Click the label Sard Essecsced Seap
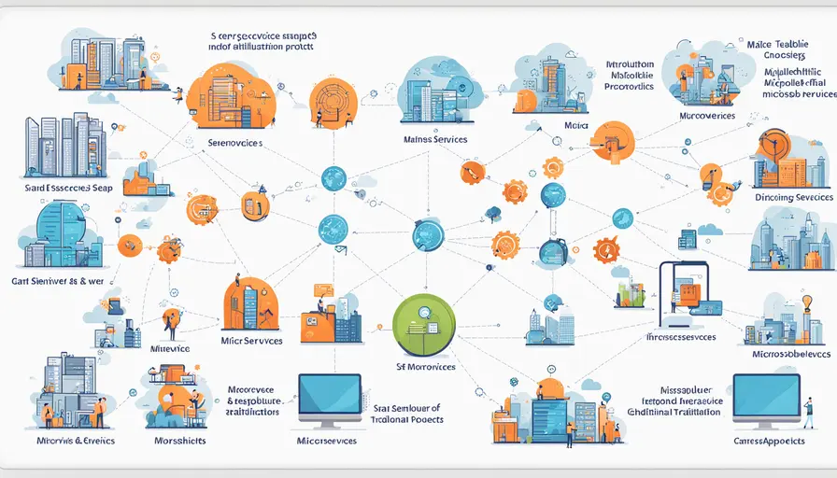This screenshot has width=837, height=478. (x=57, y=190)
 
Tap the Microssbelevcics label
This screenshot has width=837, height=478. (x=791, y=354)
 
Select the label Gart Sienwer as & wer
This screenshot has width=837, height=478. (x=56, y=278)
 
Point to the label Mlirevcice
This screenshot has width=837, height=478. (x=170, y=348)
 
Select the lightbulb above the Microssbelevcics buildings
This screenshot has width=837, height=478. (x=804, y=302)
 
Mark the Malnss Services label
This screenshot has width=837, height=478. (x=434, y=139)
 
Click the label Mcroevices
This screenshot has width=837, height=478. (x=707, y=117)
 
